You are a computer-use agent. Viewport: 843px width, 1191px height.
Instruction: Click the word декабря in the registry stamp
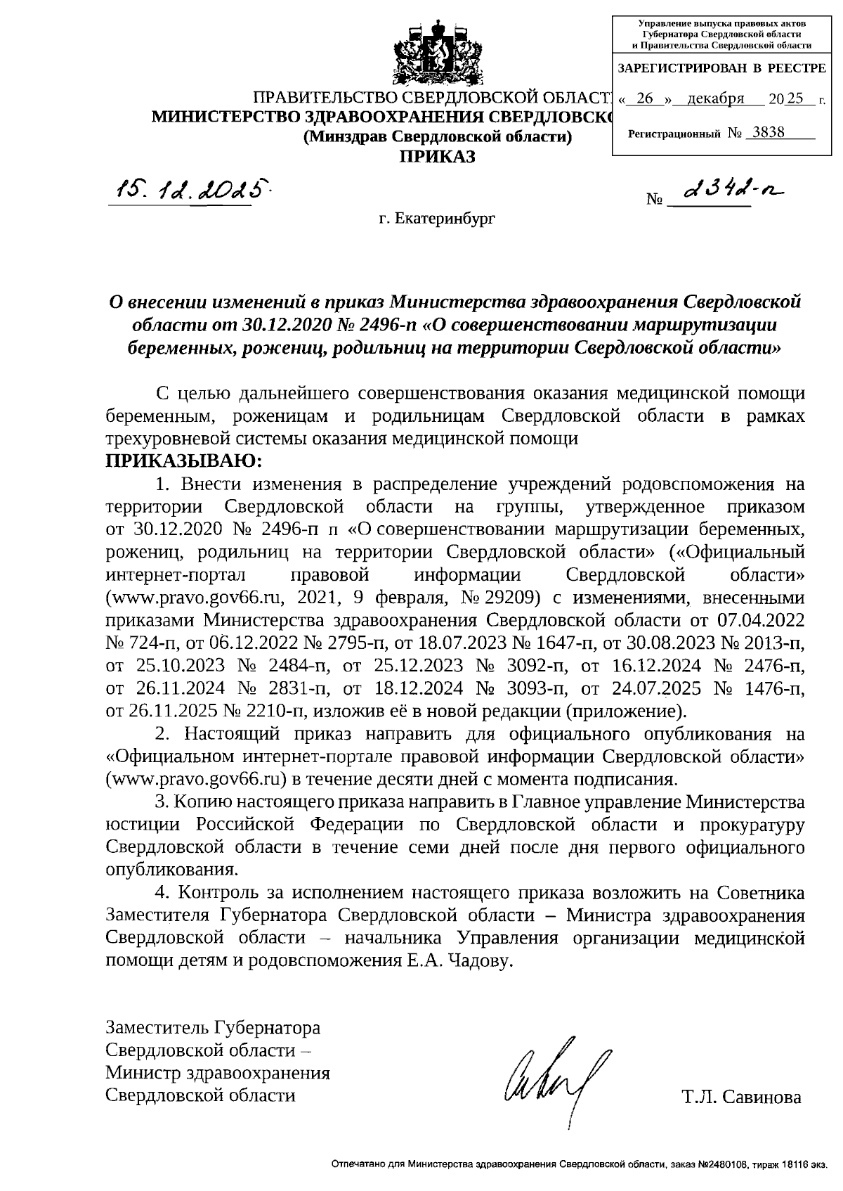click(716, 99)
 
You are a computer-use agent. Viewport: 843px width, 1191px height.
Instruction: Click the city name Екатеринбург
click(437, 219)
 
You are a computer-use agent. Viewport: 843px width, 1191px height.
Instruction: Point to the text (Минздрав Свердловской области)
click(437, 137)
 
